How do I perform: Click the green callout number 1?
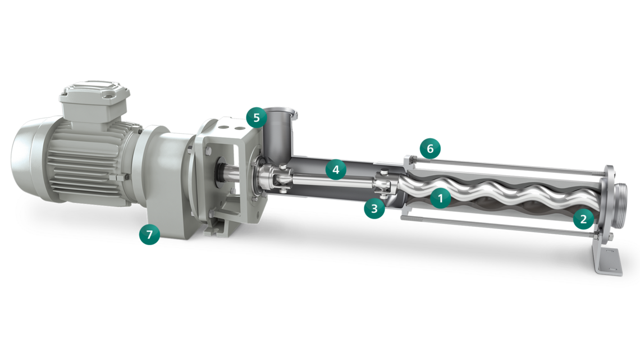click(440, 198)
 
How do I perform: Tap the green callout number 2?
click(583, 219)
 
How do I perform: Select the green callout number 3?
click(374, 208)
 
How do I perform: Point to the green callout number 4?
click(336, 169)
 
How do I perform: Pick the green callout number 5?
click(257, 117)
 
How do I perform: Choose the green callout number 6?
click(430, 149)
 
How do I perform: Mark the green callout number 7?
click(149, 234)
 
